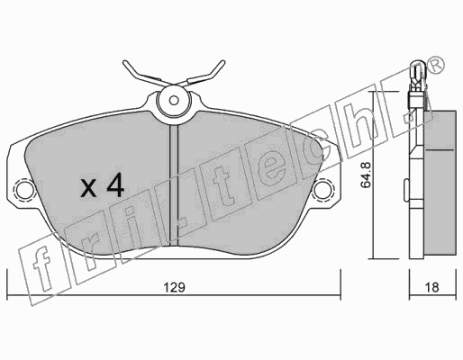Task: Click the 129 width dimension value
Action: [x=174, y=287]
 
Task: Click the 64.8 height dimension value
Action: [x=366, y=175]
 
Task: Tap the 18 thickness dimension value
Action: [x=432, y=287]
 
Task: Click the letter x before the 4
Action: [x=89, y=188]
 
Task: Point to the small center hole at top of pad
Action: [x=174, y=101]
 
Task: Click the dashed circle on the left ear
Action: [x=24, y=188]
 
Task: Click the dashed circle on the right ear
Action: [x=323, y=188]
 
